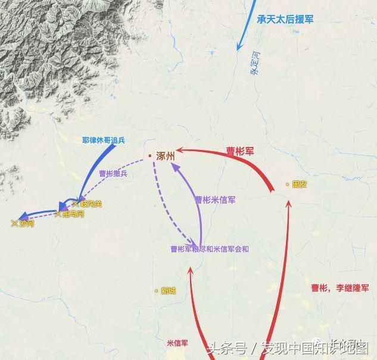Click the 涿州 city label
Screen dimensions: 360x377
coord(166,156)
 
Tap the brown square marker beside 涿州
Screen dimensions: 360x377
coord(150,156)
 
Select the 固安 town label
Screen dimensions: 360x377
coord(300,184)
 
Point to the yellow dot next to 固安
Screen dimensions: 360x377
coord(288,184)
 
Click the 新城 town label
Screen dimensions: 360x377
coord(169,291)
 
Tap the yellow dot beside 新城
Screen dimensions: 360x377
coord(157,291)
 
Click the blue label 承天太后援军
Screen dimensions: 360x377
coord(285,19)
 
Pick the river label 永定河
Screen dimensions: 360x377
coord(255,65)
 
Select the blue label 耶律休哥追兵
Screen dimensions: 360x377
coord(104,141)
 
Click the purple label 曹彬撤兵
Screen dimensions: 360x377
coord(113,174)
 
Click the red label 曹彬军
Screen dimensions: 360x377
coord(240,152)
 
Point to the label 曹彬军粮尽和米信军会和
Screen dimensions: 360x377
coord(210,249)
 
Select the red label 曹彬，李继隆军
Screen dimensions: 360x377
coord(339,287)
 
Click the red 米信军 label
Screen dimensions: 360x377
coord(177,343)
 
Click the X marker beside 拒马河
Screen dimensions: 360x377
coord(58,214)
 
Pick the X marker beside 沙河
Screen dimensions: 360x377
coord(14,223)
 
